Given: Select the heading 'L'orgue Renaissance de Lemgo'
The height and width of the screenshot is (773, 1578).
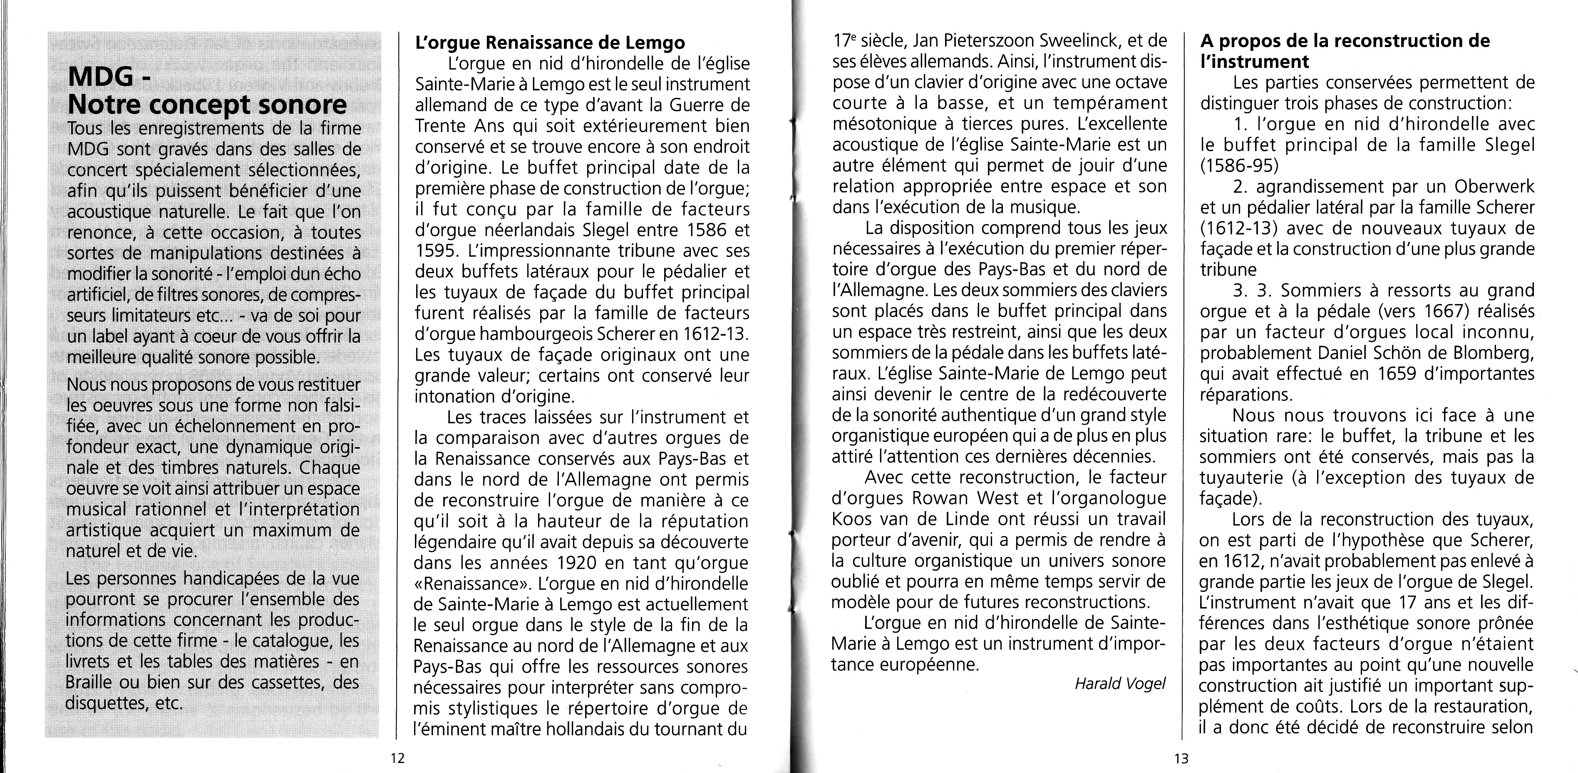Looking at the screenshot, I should point(549,43).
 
